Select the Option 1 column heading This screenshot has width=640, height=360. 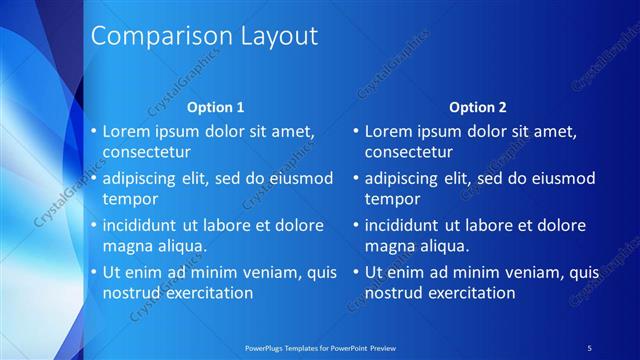(x=216, y=107)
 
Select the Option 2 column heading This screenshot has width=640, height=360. (x=478, y=107)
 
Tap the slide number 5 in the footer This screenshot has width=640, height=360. (x=589, y=347)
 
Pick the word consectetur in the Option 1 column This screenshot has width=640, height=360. (x=147, y=153)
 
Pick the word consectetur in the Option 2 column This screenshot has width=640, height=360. (x=409, y=153)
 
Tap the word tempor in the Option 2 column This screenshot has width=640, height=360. (x=391, y=199)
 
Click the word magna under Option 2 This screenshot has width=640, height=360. (x=390, y=246)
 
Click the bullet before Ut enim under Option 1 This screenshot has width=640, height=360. (x=93, y=272)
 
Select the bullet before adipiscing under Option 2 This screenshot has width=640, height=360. (x=355, y=179)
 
